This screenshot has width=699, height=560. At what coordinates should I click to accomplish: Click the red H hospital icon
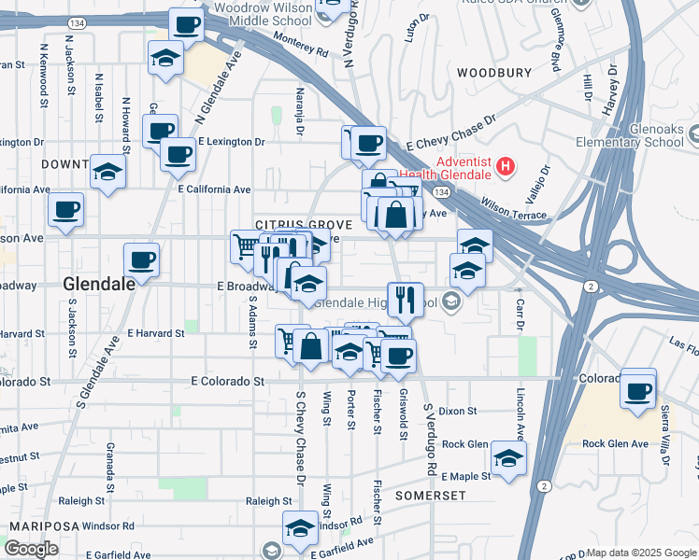point(506,168)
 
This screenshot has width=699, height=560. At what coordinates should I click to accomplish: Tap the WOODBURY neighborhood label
point(493,72)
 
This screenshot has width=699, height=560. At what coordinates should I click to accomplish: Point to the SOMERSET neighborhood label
point(430,495)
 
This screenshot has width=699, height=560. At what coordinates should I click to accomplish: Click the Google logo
point(31,549)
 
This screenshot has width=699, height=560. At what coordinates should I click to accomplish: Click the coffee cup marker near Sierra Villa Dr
point(637,390)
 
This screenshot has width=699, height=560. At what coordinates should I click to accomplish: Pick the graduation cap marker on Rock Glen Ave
point(508,459)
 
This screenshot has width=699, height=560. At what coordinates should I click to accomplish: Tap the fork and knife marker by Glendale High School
point(405,300)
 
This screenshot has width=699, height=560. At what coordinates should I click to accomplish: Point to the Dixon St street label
point(458,411)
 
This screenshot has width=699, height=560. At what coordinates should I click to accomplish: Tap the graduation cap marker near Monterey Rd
point(165,58)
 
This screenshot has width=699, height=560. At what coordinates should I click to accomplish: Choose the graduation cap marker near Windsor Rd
point(300,528)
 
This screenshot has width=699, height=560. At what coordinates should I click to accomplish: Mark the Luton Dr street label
point(416,30)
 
